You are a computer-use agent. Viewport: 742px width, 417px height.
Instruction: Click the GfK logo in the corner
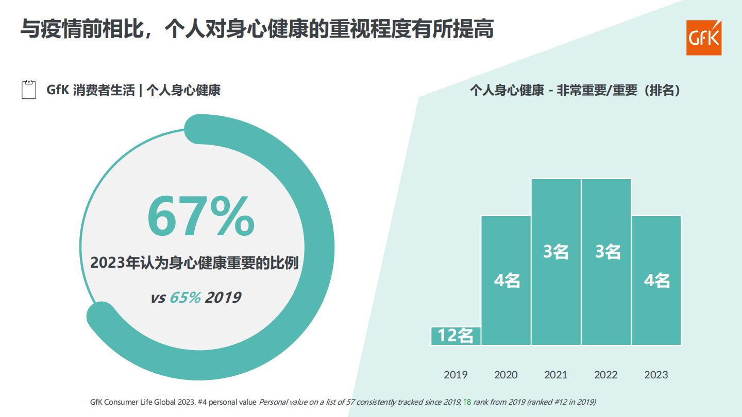(x=704, y=38)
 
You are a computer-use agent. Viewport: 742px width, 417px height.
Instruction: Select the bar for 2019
(x=456, y=336)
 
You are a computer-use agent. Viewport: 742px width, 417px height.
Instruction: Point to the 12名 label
(x=456, y=336)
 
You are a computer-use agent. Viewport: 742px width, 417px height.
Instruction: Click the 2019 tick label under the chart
(x=456, y=375)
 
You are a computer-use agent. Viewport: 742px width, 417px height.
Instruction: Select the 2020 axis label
(x=505, y=375)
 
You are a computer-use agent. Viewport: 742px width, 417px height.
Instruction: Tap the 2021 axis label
(x=555, y=375)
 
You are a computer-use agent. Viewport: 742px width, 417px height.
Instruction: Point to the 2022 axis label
(x=605, y=375)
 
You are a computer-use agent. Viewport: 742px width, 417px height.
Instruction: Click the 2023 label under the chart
(x=655, y=375)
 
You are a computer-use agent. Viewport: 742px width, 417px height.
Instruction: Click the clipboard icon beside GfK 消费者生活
(x=29, y=90)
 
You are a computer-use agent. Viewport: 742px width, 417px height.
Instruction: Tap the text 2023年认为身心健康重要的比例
(x=194, y=263)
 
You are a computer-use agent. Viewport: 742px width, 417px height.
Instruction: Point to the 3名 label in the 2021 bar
(x=556, y=252)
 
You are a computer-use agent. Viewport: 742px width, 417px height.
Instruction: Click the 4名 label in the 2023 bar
(x=657, y=281)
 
